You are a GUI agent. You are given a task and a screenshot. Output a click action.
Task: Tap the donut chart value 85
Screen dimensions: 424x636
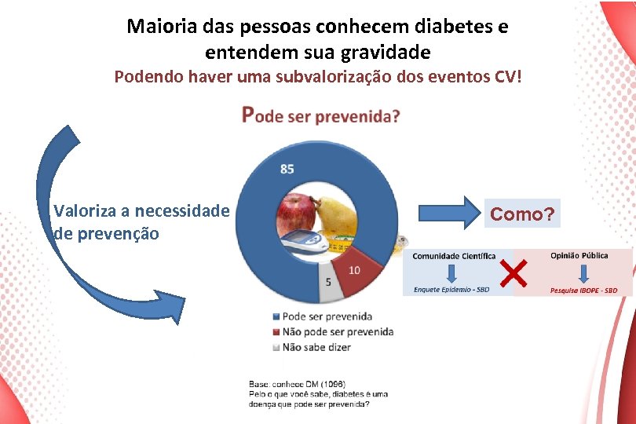(x=287, y=169)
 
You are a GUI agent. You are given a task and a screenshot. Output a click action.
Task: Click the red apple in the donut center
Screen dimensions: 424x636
(x=295, y=213)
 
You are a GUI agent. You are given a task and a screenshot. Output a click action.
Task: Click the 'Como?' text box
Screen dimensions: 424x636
(x=522, y=214)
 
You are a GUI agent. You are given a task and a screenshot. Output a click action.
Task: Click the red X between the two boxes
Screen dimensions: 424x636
(x=513, y=273)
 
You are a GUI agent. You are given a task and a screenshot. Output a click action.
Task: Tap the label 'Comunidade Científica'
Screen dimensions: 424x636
(x=454, y=257)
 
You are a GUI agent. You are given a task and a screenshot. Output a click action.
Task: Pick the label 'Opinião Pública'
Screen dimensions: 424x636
(x=579, y=256)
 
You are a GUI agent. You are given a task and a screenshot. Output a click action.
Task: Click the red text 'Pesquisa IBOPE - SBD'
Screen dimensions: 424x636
(x=583, y=291)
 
